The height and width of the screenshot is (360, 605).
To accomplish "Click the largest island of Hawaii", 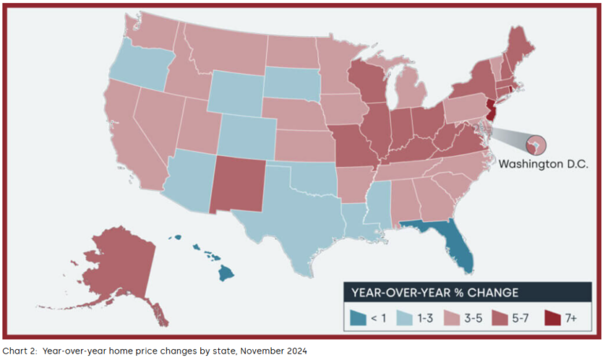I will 226,273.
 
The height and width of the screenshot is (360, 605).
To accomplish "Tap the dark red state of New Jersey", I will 490,109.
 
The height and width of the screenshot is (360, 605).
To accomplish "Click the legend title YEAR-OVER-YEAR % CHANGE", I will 435,292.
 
